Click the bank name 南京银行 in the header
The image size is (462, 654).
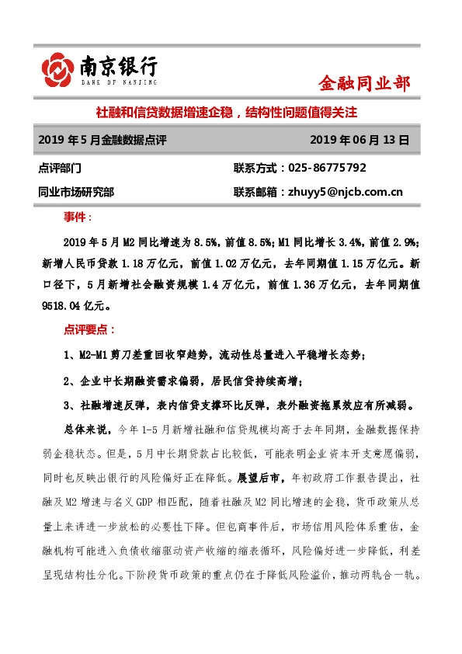(118, 67)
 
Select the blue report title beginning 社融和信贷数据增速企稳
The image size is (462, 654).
(226, 113)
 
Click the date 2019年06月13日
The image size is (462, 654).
(359, 140)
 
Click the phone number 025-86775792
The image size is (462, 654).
(328, 168)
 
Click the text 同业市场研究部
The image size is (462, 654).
(75, 193)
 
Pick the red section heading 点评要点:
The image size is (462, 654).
(89, 330)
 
